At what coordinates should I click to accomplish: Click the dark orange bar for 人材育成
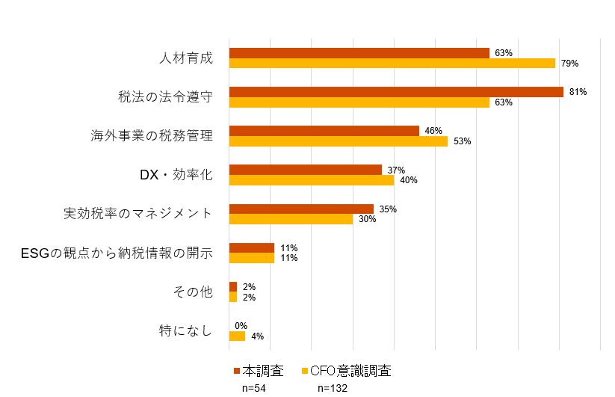pos(359,53)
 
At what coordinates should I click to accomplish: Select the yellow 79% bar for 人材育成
pos(392,63)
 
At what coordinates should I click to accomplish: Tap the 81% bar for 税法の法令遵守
pos(396,92)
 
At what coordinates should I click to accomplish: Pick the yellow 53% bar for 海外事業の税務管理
pos(338,141)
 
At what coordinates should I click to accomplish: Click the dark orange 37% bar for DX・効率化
pos(305,170)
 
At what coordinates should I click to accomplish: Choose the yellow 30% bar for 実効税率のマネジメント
pos(291,219)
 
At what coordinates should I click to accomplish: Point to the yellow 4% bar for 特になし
pos(237,336)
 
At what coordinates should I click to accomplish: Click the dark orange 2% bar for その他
pos(232,286)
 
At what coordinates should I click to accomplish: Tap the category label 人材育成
pos(186,58)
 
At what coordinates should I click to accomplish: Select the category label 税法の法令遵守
pos(166,96)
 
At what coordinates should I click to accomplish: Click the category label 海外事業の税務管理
pos(152,136)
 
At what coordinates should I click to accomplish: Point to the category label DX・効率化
pos(176,175)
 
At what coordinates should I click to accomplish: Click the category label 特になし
pos(186,331)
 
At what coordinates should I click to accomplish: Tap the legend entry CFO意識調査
pos(350,371)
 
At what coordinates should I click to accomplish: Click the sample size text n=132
pos(333,388)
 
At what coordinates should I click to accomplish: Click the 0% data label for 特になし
pos(241,326)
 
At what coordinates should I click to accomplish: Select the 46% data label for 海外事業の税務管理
pos(433,131)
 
